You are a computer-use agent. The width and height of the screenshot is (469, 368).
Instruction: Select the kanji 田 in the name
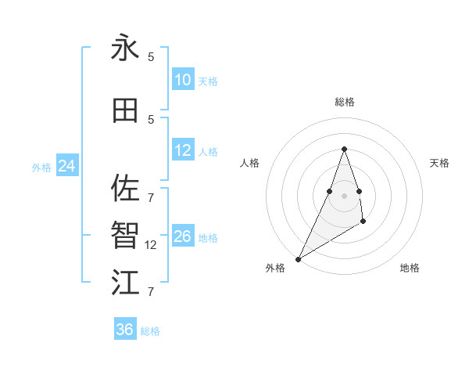pyautogui.click(x=126, y=110)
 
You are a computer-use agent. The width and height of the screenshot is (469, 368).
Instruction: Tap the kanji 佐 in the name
pyautogui.click(x=126, y=188)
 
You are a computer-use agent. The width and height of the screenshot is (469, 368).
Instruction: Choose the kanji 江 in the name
pyautogui.click(x=126, y=282)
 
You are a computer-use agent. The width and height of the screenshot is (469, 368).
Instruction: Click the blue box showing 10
pyautogui.click(x=183, y=80)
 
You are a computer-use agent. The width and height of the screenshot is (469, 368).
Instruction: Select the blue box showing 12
pyautogui.click(x=183, y=150)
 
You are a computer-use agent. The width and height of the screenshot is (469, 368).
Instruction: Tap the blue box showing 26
pyautogui.click(x=183, y=236)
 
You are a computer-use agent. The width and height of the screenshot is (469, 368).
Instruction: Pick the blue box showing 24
pyautogui.click(x=66, y=166)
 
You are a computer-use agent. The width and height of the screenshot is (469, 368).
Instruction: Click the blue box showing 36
pyautogui.click(x=125, y=330)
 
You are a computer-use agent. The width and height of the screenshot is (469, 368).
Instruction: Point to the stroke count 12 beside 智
pyautogui.click(x=152, y=244)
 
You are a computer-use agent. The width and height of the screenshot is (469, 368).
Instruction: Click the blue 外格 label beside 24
pyautogui.click(x=41, y=167)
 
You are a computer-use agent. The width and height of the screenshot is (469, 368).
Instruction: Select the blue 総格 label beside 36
pyautogui.click(x=150, y=331)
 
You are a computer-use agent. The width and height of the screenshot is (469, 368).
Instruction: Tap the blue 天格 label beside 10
pyautogui.click(x=208, y=81)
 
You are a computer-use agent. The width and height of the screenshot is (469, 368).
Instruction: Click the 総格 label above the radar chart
pyautogui.click(x=344, y=102)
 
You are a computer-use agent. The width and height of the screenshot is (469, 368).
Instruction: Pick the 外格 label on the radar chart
pyautogui.click(x=275, y=268)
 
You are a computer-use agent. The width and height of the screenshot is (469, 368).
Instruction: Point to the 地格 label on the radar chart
pyautogui.click(x=410, y=268)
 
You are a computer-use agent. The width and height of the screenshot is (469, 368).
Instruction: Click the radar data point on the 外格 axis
pyautogui.click(x=298, y=258)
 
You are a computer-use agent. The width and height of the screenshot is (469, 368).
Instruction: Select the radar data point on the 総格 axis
pyautogui.click(x=344, y=149)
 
